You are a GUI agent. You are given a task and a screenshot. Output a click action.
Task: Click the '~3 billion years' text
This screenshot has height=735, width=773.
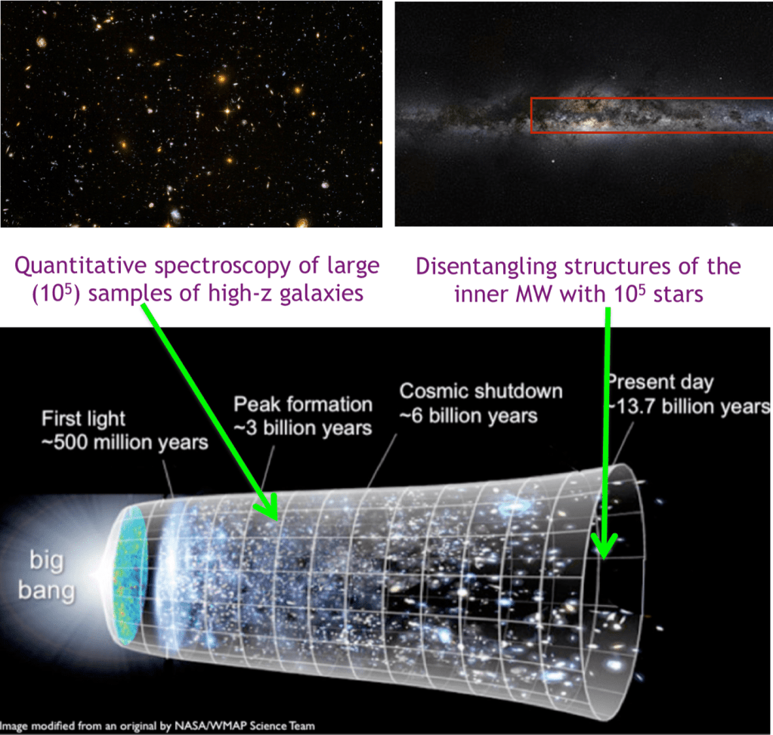pyautogui.click(x=303, y=427)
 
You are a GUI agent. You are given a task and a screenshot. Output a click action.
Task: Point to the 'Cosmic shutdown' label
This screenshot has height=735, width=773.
pyautogui.click(x=481, y=391)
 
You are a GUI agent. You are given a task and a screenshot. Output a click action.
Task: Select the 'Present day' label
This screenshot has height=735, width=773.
pyautogui.click(x=660, y=381)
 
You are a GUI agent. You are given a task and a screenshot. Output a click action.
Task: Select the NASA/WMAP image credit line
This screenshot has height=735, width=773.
pyautogui.click(x=158, y=726)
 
